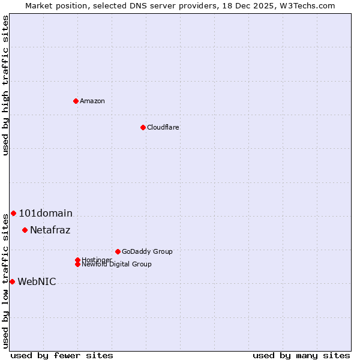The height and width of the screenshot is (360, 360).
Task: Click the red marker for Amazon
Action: pos(76,101)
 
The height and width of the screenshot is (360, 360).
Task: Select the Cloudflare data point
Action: pos(143,127)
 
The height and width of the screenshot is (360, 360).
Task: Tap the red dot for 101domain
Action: pos(13,213)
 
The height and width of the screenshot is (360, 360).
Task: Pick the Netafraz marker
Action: pos(25,230)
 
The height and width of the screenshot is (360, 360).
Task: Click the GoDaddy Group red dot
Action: pos(118,251)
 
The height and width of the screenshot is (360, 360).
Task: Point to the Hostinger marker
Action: pos(77,260)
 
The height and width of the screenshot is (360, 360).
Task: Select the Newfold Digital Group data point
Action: pos(77,264)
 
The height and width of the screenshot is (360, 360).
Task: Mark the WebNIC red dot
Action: pos(12,281)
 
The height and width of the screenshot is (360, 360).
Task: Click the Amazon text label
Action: pos(92,101)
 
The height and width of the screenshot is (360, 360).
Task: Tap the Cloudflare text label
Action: pos(163,127)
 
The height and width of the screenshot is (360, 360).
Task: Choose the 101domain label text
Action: pos(46,213)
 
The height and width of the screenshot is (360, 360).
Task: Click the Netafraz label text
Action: pos(50,230)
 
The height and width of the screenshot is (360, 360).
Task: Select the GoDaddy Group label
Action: pos(147,251)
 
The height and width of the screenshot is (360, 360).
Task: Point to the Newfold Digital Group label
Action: pos(117,265)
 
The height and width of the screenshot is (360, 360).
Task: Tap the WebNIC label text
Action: pos(37,281)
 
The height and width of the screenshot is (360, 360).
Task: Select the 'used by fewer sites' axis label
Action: pos(62,355)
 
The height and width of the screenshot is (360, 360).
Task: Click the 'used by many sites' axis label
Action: pos(301,355)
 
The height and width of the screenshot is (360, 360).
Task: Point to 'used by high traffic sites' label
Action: pos(5,85)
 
